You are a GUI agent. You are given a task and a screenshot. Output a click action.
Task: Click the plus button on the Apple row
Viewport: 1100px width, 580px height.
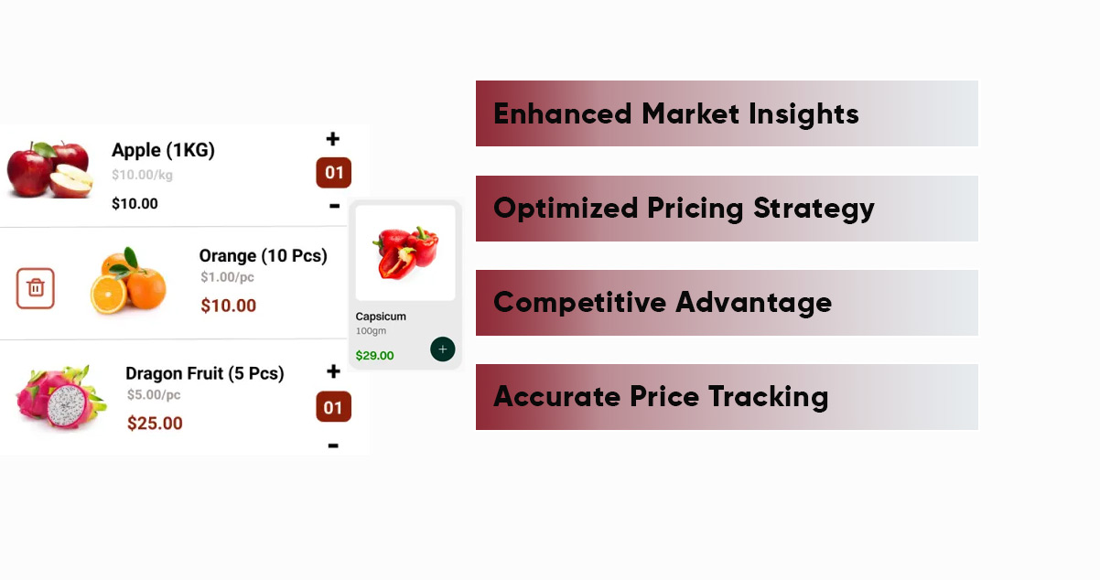pos(333,139)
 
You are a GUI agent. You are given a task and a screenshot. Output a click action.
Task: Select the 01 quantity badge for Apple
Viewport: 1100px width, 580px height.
pos(334,173)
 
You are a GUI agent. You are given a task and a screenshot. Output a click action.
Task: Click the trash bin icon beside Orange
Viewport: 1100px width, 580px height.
pos(36,288)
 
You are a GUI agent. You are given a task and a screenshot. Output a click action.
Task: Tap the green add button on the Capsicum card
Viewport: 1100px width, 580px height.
pos(443,349)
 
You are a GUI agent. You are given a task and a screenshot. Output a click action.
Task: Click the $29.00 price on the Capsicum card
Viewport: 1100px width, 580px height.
pos(375,356)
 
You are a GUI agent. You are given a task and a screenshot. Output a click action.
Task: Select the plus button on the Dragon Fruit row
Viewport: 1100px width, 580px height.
pos(333,371)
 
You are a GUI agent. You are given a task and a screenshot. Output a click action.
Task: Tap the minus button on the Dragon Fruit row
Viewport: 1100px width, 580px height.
pos(333,446)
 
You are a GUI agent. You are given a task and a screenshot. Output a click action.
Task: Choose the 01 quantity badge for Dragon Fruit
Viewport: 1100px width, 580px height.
pos(333,407)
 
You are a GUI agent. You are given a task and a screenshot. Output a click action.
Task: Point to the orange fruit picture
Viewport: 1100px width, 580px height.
pos(129,281)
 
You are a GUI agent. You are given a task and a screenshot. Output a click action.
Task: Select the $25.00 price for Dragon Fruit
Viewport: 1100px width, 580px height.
pos(155,424)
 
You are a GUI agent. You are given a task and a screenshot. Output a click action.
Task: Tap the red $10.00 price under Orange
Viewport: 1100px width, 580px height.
pos(228,306)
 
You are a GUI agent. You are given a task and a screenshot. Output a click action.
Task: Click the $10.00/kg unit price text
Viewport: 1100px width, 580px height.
pos(142,175)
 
